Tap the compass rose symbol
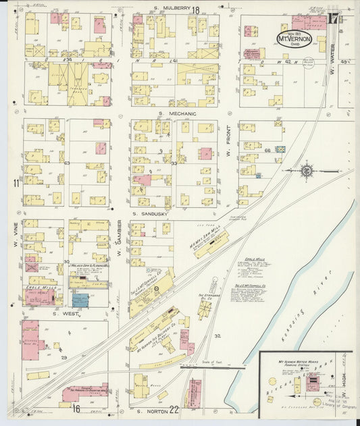coord(307,170)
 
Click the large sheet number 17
coord(332,19)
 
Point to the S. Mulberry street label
coord(169,9)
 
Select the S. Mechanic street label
coord(177,114)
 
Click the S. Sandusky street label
coord(150,213)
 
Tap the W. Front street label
coord(228,147)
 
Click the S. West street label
coord(66,313)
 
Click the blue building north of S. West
coord(80,300)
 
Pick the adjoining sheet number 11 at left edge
coord(15,183)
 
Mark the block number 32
coord(217,336)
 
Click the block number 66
coord(267,150)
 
